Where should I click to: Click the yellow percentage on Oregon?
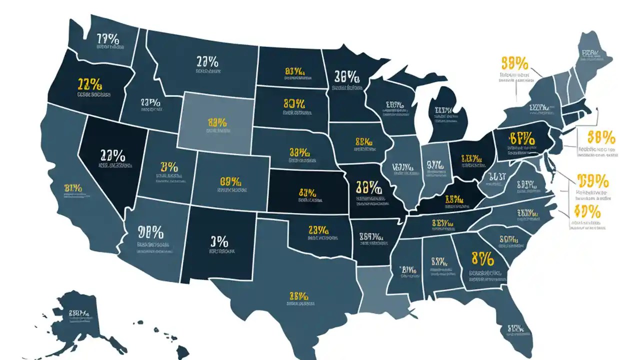(90, 82)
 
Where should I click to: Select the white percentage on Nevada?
(112, 154)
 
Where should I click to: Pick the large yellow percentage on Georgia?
(482, 259)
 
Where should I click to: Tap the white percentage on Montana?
(207, 62)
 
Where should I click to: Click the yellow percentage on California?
(73, 188)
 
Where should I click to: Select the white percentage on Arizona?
(150, 232)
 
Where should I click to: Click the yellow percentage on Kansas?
(307, 192)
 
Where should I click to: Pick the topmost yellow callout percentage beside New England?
(514, 63)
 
